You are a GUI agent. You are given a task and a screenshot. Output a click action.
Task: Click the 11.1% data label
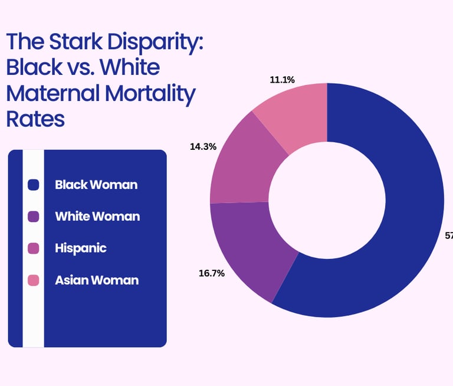point(283,79)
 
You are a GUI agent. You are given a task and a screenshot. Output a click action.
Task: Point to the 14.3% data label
point(202,146)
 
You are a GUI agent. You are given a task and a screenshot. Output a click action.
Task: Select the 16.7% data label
point(212,273)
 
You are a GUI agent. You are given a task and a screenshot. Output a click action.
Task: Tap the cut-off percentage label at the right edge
point(448,235)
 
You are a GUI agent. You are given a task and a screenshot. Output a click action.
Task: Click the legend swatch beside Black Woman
point(34,185)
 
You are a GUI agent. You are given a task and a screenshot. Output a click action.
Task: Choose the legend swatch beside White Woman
point(34,217)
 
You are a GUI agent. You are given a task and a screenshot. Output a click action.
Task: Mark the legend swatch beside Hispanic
point(34,248)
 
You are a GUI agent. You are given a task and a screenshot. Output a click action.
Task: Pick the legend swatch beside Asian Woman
point(34,280)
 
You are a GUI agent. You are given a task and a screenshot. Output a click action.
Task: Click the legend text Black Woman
point(96,185)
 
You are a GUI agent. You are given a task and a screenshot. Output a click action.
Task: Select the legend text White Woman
point(97,217)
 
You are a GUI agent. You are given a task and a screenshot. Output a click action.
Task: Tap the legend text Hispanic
point(81,248)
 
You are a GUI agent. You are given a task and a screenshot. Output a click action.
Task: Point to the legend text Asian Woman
point(97,280)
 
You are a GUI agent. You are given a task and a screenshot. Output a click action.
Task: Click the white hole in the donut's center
point(327,201)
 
